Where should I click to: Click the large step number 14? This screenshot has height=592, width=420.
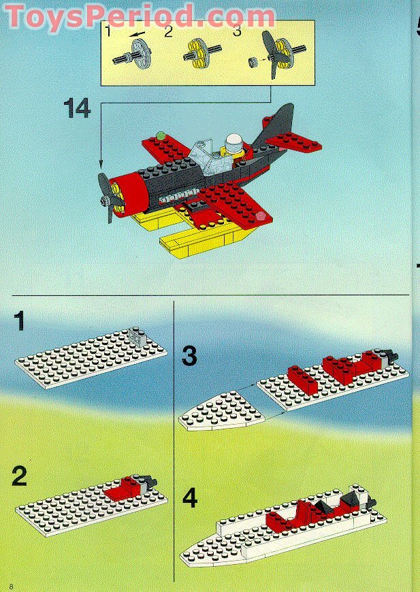[77, 108]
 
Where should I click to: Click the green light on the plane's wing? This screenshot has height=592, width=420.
[161, 135]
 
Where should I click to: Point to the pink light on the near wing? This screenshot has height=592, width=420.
[261, 216]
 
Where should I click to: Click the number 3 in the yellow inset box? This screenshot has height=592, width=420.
[237, 31]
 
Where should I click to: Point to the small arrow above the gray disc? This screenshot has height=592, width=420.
[137, 34]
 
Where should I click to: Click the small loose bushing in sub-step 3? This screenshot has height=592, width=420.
[253, 62]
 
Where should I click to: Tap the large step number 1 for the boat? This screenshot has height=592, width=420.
[19, 321]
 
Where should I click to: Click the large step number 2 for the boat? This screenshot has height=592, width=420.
[19, 476]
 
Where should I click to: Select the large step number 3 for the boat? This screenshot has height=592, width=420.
[189, 356]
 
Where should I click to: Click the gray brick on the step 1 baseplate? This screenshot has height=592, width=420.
[138, 335]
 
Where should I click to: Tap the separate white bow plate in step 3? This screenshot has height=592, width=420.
[221, 412]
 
